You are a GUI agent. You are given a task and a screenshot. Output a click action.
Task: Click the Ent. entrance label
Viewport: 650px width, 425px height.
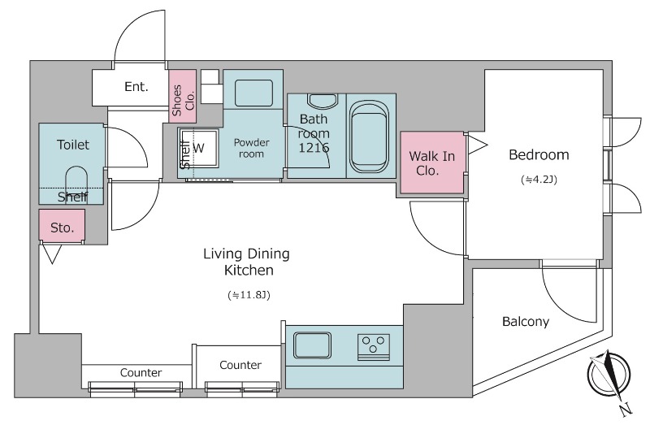point(136,87)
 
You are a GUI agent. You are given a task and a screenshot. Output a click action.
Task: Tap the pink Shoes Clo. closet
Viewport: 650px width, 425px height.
point(182,96)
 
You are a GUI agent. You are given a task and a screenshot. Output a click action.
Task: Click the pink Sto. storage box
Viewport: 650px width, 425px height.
point(63,225)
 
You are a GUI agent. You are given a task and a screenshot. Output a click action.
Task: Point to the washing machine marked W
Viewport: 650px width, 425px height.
point(198,148)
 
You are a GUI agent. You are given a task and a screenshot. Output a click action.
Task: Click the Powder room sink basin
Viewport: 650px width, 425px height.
point(253,93)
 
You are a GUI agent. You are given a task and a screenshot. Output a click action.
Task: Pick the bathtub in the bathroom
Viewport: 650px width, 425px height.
point(368,137)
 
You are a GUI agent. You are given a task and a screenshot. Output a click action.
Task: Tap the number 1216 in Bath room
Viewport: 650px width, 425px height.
point(314,148)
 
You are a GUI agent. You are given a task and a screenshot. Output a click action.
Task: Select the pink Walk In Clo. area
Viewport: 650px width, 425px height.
point(432,163)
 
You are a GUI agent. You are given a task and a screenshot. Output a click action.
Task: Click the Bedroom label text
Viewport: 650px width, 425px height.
point(539,154)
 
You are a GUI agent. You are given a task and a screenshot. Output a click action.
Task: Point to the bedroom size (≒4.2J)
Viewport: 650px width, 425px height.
point(539,180)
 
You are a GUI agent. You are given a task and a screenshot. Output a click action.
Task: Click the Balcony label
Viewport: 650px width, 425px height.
point(526,321)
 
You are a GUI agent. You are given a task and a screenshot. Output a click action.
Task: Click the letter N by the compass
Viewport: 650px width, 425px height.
point(626,409)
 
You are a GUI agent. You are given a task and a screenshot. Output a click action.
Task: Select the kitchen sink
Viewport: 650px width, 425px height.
point(312,345)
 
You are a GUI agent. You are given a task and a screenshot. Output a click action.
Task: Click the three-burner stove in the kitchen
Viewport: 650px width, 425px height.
point(373,347)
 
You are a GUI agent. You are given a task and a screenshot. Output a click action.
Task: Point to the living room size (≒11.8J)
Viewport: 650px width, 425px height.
point(249,295)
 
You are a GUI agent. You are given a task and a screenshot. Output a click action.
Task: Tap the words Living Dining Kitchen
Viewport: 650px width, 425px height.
point(247,262)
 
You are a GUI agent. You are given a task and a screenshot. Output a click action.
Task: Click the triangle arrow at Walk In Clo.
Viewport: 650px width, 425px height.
point(477,145)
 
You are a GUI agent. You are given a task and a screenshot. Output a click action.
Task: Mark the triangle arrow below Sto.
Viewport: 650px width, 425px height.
point(51,254)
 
